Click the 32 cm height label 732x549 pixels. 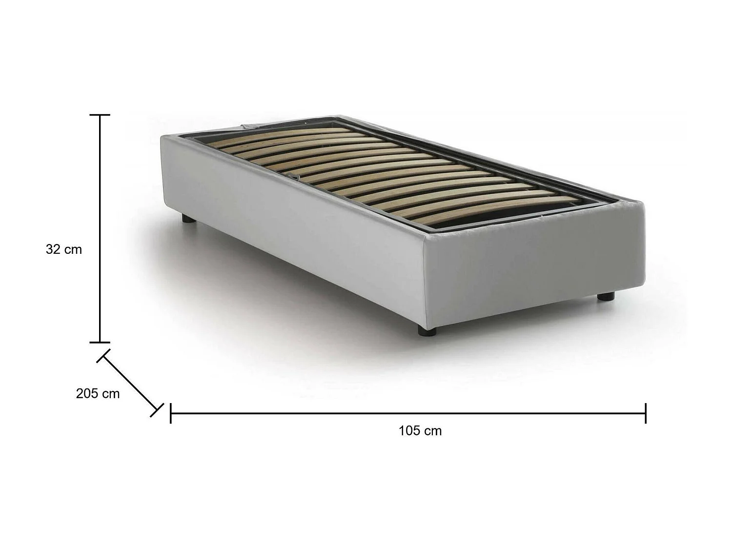coord(64,249)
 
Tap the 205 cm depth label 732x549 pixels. coord(98,393)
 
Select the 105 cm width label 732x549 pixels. coord(420,431)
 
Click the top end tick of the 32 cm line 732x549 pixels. coord(100,115)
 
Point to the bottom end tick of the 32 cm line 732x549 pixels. coord(100,342)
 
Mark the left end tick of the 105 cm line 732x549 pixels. coord(170,413)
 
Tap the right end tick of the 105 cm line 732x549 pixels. coord(646,413)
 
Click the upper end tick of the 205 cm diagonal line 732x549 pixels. coord(104,356)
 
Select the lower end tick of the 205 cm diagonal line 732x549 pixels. coord(157,410)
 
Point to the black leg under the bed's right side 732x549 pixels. coord(606,296)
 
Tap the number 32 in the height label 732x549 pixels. coord(53,249)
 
